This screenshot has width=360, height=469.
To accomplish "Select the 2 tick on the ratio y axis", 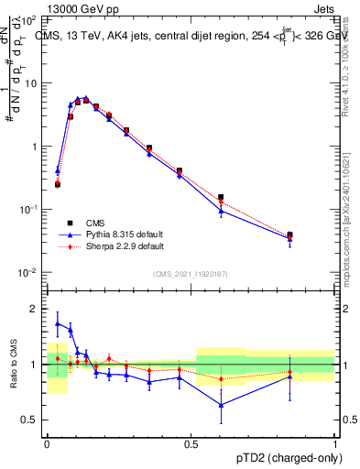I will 34,309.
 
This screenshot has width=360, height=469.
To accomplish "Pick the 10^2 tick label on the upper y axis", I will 27,19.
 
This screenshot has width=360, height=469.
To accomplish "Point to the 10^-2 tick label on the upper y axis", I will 27,272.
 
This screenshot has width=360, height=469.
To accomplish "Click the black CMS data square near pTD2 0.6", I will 221,197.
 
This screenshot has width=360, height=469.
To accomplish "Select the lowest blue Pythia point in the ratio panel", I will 221,405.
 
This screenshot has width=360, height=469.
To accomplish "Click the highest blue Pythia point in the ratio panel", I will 58,323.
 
